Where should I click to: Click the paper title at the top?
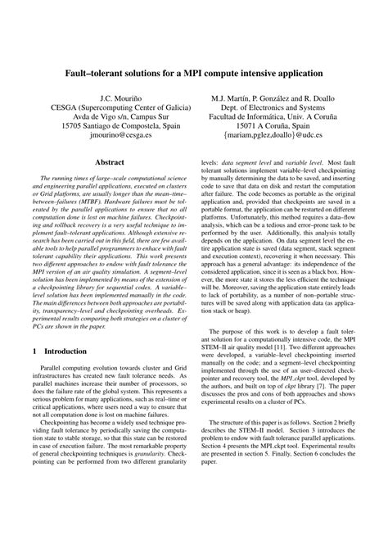[194, 73]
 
